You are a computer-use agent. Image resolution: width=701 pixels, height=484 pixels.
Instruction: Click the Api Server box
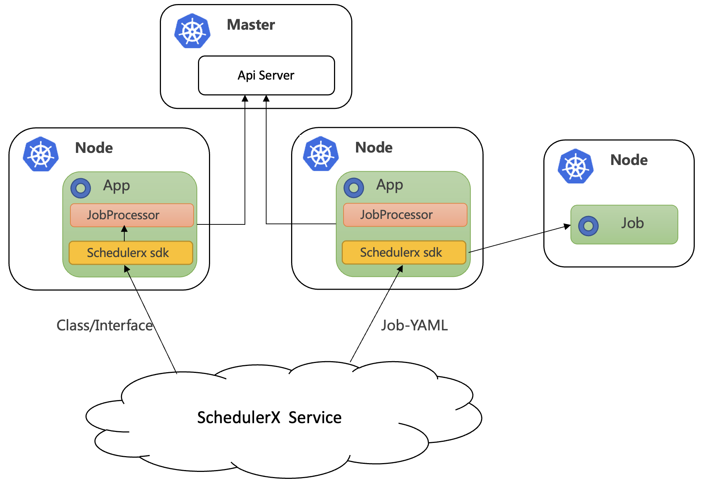(x=266, y=76)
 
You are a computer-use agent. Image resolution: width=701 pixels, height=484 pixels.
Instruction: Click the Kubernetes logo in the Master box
(x=192, y=31)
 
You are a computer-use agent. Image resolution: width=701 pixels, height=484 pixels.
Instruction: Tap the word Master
(x=251, y=25)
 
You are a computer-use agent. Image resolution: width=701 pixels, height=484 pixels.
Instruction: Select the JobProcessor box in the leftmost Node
(x=132, y=215)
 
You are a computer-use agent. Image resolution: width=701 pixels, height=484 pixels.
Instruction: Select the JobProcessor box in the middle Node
(x=405, y=215)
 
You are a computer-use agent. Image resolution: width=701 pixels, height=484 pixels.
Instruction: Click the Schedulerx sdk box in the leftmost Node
(x=131, y=253)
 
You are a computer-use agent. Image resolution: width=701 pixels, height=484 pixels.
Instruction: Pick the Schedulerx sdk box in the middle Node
(x=404, y=252)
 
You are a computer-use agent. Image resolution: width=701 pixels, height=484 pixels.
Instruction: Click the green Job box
(x=624, y=224)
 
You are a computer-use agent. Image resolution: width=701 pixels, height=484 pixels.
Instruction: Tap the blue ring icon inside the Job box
(x=588, y=226)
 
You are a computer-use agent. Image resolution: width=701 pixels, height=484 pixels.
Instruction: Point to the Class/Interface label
(x=104, y=325)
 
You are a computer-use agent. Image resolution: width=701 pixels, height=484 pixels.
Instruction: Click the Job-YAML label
(x=414, y=325)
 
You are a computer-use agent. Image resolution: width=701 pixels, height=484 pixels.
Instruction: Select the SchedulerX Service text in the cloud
(x=269, y=418)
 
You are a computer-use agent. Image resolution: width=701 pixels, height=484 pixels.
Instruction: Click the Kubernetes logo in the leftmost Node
(x=41, y=154)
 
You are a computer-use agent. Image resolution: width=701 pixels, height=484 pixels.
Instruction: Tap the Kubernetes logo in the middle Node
(x=321, y=154)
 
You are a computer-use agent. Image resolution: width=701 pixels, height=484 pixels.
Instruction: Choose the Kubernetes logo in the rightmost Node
(x=576, y=166)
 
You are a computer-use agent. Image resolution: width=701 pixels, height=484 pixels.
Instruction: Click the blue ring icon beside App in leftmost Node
(x=81, y=188)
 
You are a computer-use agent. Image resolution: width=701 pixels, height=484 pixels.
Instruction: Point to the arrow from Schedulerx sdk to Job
(x=520, y=239)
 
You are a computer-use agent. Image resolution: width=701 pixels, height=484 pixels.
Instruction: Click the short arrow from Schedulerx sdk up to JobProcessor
(x=124, y=234)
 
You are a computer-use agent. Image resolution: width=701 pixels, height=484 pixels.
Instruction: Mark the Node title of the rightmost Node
(x=629, y=160)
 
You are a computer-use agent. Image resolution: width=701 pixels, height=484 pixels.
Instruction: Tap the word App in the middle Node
(x=389, y=186)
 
